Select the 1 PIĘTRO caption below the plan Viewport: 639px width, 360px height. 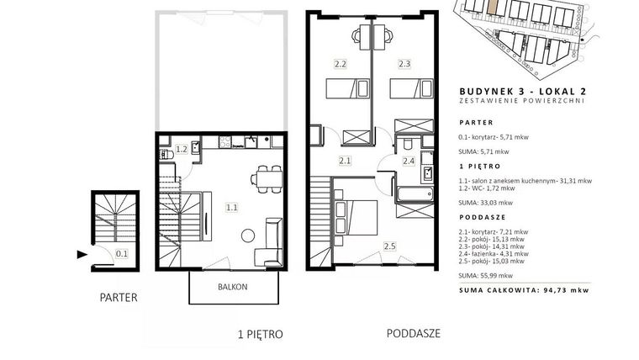[x=260, y=333]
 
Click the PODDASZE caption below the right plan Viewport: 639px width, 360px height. [x=415, y=332]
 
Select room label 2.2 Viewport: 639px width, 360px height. [x=340, y=64]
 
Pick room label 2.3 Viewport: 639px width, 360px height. [x=404, y=64]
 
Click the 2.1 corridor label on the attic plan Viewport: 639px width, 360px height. [x=344, y=160]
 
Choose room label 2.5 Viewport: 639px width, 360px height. [x=389, y=246]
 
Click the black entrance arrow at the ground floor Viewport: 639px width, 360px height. [x=81, y=253]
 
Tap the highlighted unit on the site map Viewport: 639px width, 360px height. [x=493, y=6]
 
